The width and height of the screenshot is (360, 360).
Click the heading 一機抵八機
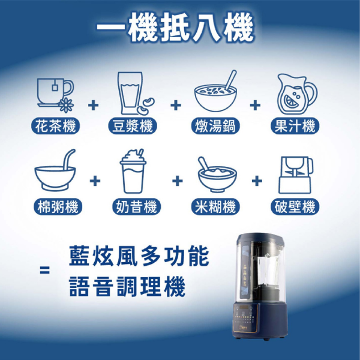coord(176,28)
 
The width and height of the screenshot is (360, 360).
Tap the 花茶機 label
coord(55,126)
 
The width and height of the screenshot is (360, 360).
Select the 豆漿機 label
coord(133,126)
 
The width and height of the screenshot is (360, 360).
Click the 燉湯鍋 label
coord(215,126)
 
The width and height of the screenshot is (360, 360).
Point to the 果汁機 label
coord(295,126)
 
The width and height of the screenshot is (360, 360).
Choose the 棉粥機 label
coord(58,206)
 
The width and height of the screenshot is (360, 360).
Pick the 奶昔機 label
coord(136,206)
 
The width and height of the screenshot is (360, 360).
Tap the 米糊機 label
coord(215,206)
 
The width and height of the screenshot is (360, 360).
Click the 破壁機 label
coord(295,206)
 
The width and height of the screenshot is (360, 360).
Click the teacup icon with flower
coord(56,95)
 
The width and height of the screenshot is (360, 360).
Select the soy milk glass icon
coord(136,93)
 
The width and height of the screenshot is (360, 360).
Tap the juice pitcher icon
coord(297,94)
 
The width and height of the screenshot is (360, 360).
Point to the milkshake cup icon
coord(133,171)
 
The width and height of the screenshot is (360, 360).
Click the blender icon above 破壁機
coord(296,175)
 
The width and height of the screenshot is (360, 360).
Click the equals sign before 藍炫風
coord(44,270)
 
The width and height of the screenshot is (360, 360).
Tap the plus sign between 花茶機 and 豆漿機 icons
coord(93,106)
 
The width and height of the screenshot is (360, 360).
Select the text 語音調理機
coord(127,287)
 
